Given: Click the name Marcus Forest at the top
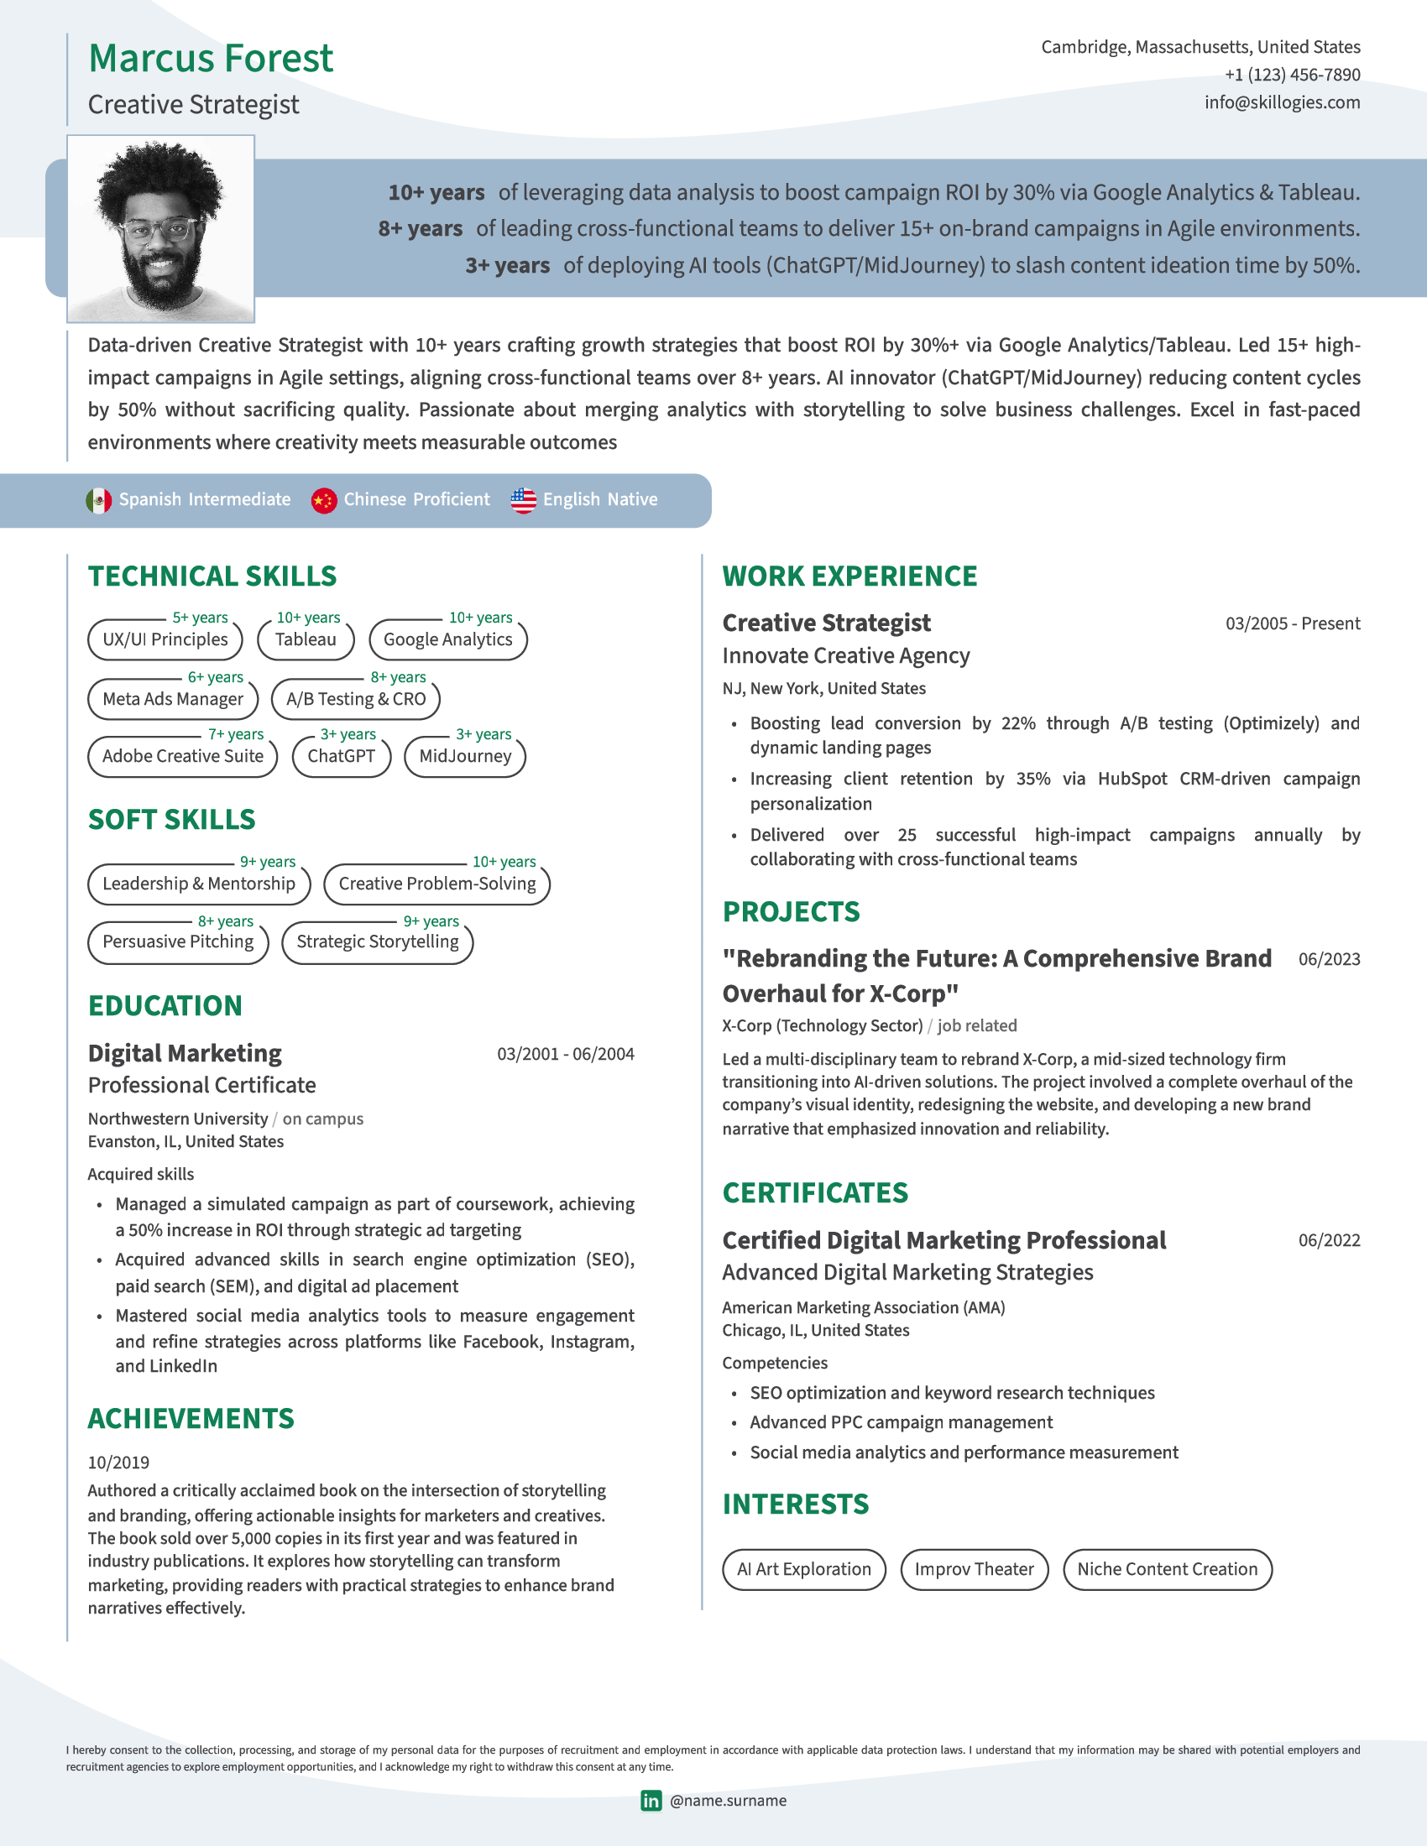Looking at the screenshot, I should coord(211,59).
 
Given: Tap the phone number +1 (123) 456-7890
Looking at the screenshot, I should coord(1292,75).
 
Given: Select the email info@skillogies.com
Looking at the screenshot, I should coord(1282,102).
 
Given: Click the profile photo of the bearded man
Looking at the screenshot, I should coord(160,229).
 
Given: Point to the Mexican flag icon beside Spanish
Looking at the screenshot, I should coord(99,500).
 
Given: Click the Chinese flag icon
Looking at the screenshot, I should coord(324,500).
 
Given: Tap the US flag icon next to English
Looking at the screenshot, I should coord(523,500).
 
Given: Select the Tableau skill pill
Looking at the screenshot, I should coord(306,640).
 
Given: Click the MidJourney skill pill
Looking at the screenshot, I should coord(465,757).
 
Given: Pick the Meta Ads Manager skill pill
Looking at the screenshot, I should coord(172,699).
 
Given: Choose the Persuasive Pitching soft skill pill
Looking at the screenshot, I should coord(177,942).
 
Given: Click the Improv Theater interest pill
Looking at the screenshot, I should coord(974,1570).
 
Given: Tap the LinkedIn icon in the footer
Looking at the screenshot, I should coord(651,1801).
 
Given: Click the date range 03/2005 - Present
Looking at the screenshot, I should coord(1292,623).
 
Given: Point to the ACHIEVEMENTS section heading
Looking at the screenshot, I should coord(191,1419).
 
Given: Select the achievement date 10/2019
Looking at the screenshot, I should coord(118,1463).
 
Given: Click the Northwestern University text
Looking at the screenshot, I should coord(177,1119).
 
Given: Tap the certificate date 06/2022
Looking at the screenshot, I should coord(1329,1241).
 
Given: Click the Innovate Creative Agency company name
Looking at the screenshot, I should coord(845,656).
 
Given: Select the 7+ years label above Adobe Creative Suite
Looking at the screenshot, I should coord(236,734).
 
